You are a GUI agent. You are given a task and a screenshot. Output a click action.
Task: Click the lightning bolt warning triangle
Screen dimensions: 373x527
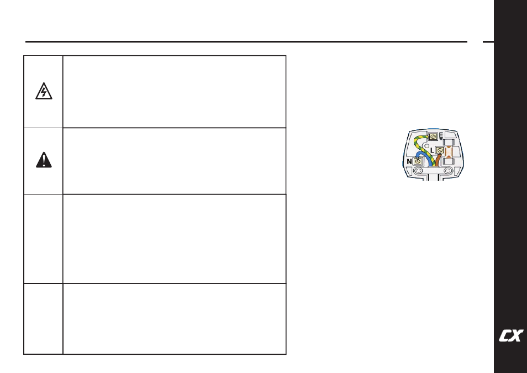(x=44, y=92)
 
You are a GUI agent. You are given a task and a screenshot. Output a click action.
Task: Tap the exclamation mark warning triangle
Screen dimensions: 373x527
(x=44, y=160)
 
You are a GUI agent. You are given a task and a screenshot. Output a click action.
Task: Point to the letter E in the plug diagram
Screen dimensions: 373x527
(x=441, y=136)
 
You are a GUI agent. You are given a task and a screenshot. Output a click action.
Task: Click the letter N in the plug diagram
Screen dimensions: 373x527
(x=409, y=161)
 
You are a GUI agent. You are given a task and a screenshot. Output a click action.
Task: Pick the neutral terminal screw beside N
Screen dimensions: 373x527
(x=418, y=161)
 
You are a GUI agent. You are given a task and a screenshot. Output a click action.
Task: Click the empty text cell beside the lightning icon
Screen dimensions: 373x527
(x=175, y=91)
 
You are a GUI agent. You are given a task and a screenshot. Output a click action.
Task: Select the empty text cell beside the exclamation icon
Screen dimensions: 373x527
(x=175, y=161)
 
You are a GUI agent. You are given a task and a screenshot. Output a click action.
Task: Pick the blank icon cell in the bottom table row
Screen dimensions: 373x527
(x=44, y=319)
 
